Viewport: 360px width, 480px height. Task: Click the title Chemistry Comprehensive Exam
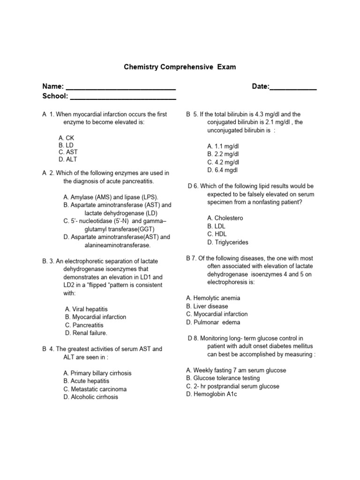click(x=180, y=67)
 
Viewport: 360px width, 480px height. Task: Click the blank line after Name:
click(x=120, y=87)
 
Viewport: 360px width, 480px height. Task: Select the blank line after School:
click(x=123, y=97)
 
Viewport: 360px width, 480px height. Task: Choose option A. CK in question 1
click(x=67, y=138)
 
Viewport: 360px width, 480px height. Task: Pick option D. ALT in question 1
click(x=68, y=160)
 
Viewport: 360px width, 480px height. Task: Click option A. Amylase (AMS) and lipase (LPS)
click(x=111, y=197)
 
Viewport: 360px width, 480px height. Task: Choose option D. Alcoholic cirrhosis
click(x=90, y=397)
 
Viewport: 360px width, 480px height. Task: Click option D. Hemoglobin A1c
click(x=212, y=394)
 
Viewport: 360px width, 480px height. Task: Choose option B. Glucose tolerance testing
click(x=223, y=378)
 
